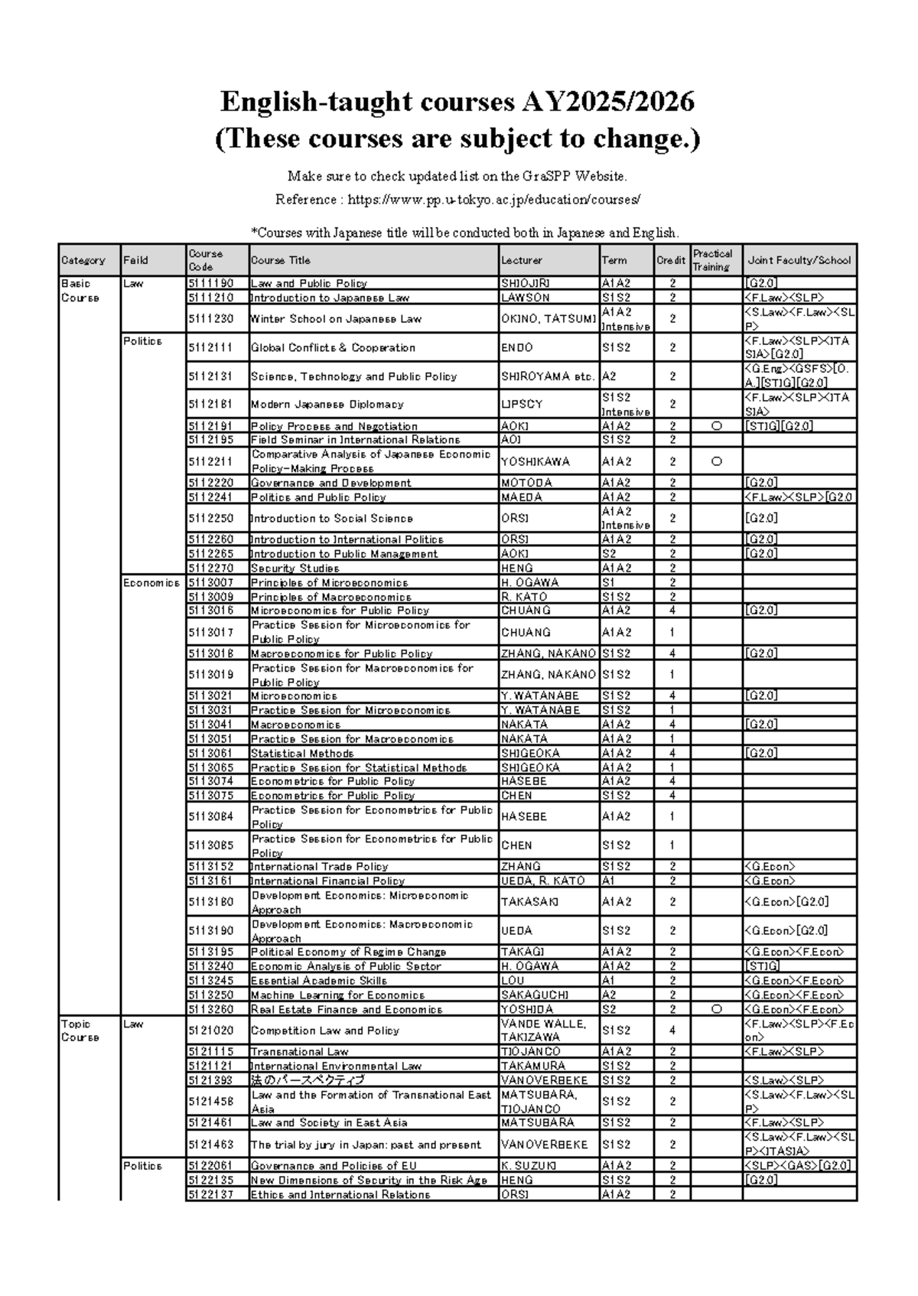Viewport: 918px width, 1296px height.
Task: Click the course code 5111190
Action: [x=211, y=283]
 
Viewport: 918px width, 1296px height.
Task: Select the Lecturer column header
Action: [x=522, y=260]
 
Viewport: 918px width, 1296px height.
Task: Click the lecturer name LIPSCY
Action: [x=522, y=404]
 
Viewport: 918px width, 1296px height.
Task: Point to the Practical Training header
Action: [x=713, y=260]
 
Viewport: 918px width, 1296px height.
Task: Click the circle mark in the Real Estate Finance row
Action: [x=716, y=1009]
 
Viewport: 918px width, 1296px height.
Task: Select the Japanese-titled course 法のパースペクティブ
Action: [x=308, y=1080]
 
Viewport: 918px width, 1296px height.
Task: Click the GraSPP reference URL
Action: [x=493, y=200]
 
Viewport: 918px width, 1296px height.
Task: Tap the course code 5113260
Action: [x=211, y=1009]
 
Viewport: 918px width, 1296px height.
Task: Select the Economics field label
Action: [x=151, y=583]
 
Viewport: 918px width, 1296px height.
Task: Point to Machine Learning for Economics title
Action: [x=337, y=995]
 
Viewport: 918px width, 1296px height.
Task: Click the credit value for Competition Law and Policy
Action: [x=672, y=1031]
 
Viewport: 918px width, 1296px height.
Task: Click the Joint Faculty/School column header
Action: [x=799, y=260]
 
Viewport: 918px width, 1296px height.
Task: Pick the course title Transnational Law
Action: [x=299, y=1052]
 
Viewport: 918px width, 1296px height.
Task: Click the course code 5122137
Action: [x=211, y=1195]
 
